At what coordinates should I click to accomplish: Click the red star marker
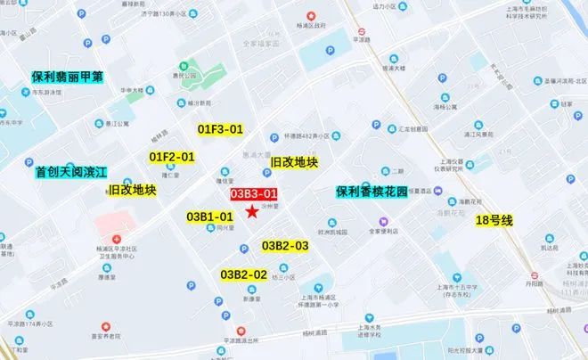point(254,211)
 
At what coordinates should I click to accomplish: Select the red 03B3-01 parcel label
point(255,193)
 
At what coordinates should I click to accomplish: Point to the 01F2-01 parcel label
point(171,157)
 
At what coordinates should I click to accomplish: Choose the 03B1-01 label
point(210,217)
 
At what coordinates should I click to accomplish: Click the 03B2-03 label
point(285,246)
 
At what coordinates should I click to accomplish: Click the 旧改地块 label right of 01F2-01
point(294,162)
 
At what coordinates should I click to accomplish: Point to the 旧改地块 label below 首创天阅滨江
point(132,190)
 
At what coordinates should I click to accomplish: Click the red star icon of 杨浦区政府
point(311,15)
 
